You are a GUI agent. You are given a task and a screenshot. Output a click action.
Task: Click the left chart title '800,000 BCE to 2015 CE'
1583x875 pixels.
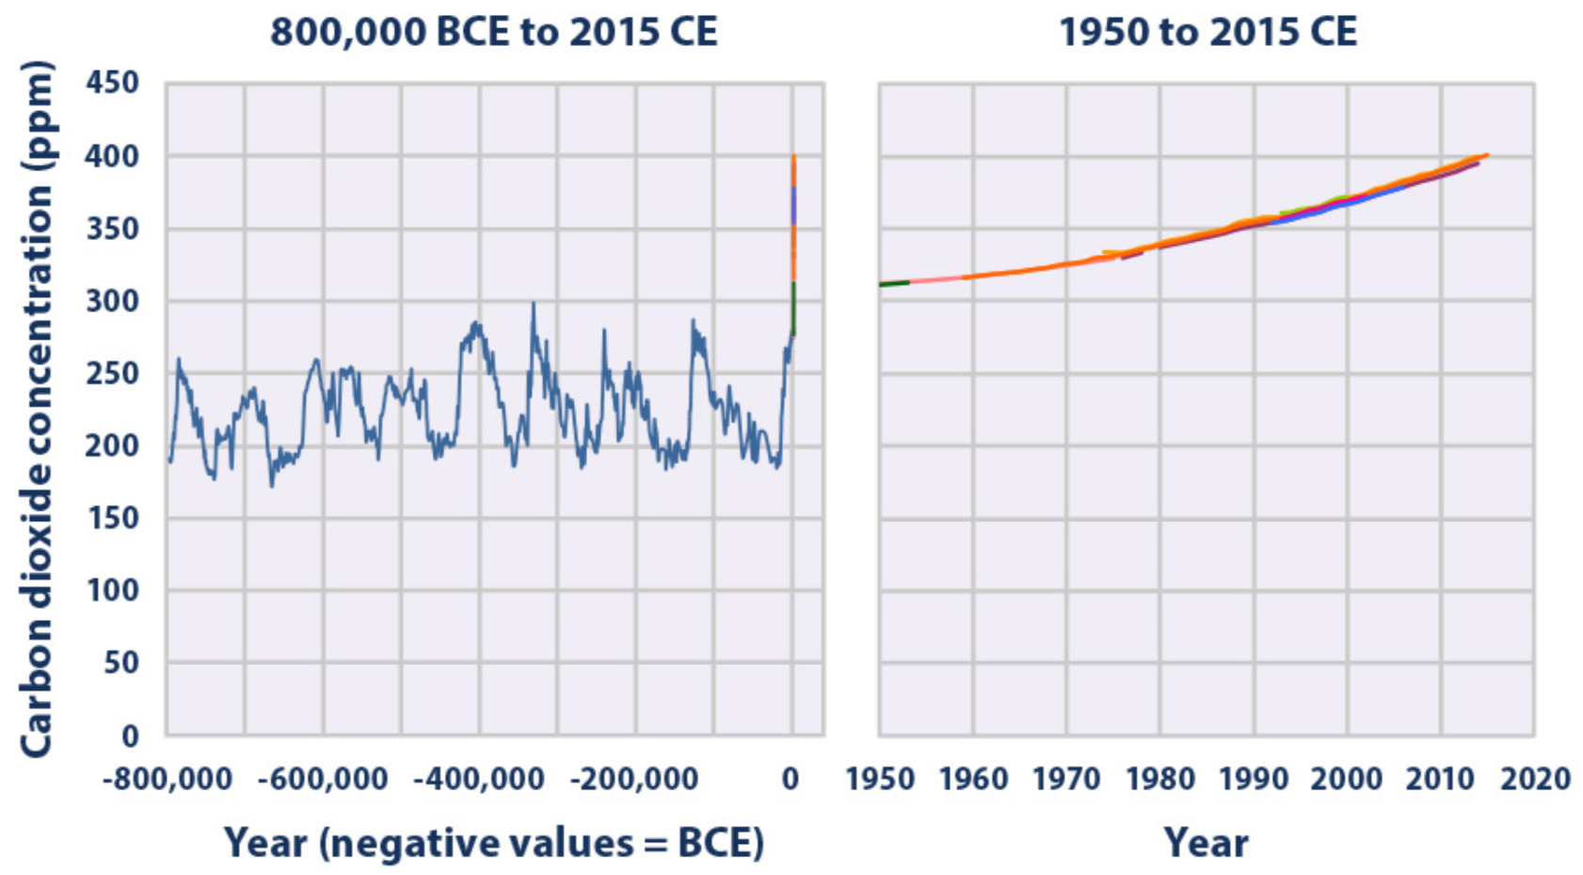pos(493,32)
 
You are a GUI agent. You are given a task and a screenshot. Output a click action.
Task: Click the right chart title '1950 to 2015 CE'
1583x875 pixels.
pos(1207,32)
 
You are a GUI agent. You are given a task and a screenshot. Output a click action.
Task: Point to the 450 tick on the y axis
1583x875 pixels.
pos(112,83)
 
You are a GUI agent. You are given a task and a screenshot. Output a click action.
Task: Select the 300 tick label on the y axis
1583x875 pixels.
pos(112,301)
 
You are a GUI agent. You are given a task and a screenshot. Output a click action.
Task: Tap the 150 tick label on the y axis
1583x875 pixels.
pos(112,518)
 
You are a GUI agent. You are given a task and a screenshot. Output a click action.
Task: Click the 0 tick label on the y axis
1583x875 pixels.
pos(131,736)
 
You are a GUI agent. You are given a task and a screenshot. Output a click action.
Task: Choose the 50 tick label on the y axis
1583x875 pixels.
pos(120,663)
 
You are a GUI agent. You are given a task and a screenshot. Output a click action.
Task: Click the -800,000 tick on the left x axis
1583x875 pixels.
pos(168,779)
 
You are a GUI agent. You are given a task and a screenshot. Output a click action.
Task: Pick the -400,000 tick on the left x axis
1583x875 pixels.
pos(480,779)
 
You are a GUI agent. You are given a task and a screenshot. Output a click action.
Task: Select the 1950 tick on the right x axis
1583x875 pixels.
pos(880,779)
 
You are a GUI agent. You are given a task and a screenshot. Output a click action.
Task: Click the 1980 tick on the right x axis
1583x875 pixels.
pos(1160,779)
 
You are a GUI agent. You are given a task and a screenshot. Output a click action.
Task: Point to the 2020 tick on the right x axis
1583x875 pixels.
pos(1535,779)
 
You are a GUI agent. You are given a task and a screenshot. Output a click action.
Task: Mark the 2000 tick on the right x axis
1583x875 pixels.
pos(1348,779)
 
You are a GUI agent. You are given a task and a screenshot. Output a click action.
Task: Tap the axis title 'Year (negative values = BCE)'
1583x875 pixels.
pos(493,843)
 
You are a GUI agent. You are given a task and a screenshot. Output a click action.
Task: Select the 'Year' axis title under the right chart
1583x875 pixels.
pos(1206,843)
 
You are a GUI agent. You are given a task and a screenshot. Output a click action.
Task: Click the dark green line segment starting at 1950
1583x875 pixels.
pos(894,283)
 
